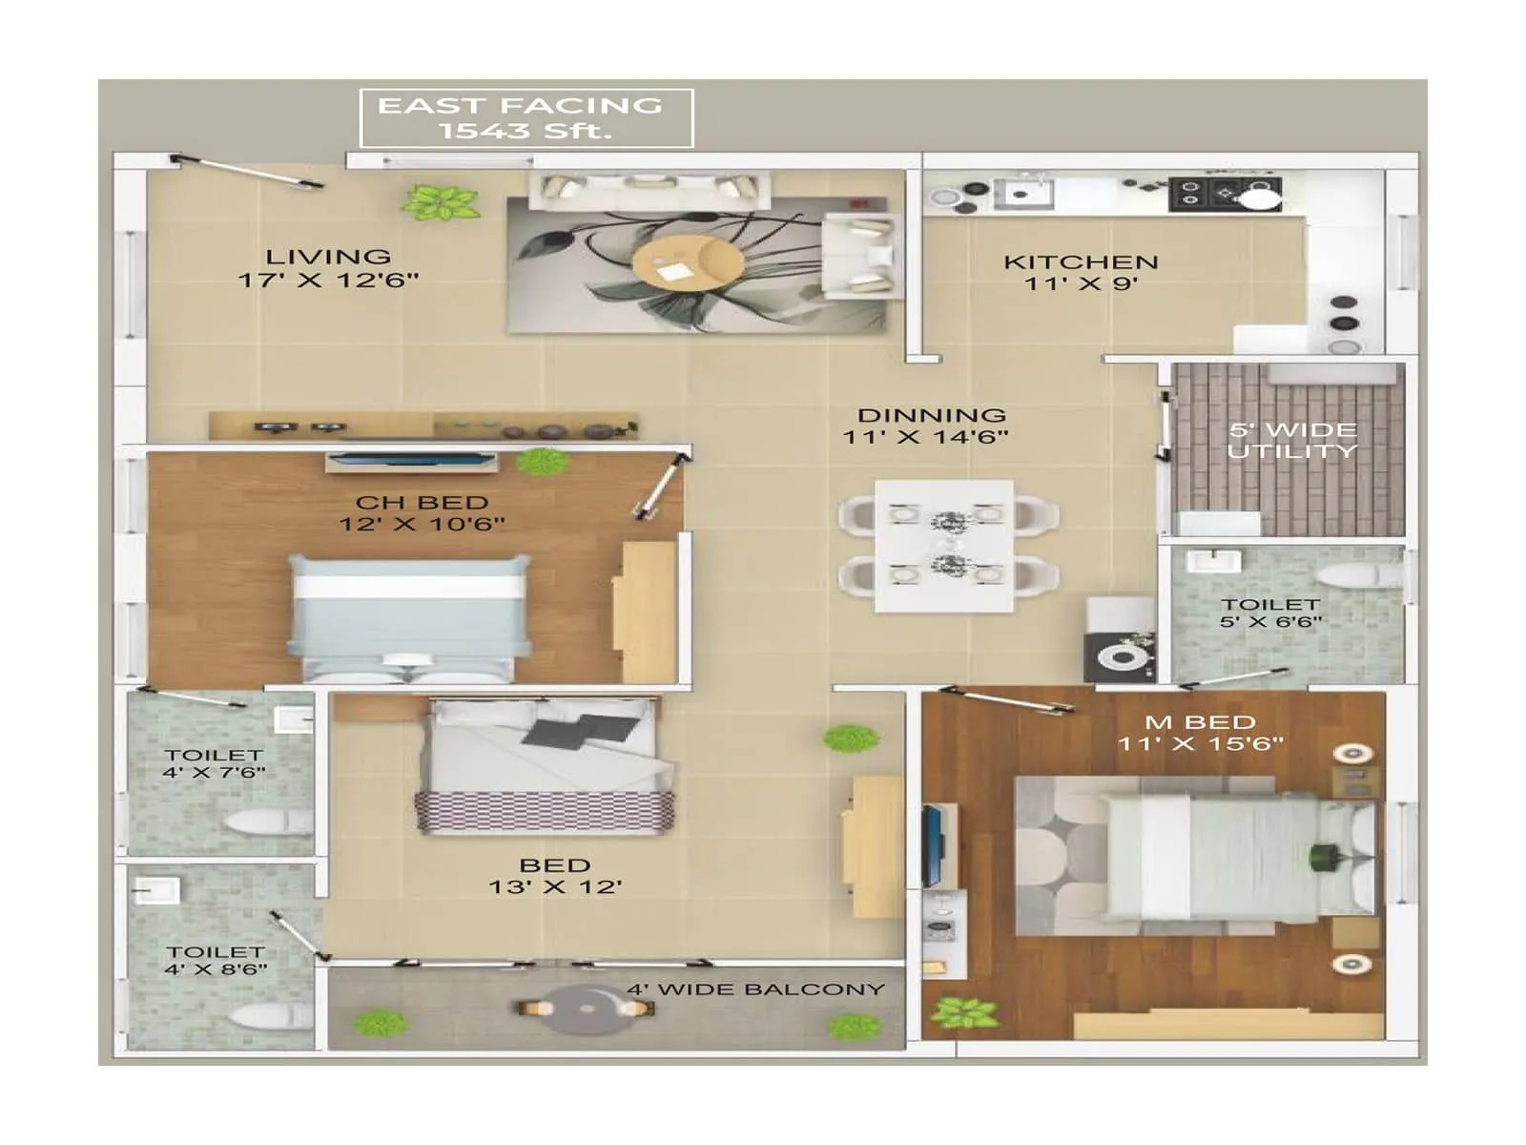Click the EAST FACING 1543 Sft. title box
point(526,118)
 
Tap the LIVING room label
point(328,268)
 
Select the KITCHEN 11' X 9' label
point(1081,272)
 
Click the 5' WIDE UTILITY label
point(1291,440)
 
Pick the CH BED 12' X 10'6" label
point(422,512)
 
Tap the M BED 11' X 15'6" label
point(1200,733)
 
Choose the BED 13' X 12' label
point(555,876)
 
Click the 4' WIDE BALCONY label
point(755,989)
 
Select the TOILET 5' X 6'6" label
point(1270,613)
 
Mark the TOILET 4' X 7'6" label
point(214,763)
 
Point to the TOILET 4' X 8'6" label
point(216,960)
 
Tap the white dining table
point(944,546)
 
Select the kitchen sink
point(1023,195)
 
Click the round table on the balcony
point(583,1009)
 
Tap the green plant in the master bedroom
point(964,1011)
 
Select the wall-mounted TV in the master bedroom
point(932,845)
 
